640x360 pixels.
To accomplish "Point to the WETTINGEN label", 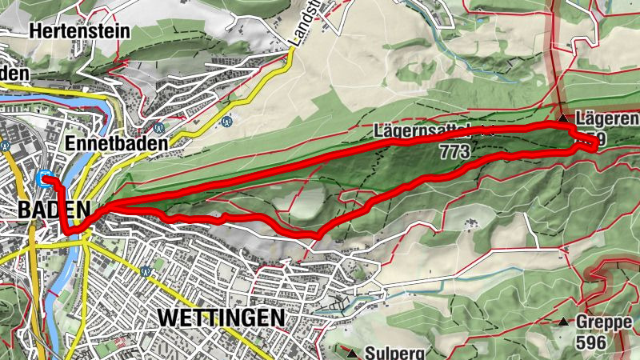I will point(222,317).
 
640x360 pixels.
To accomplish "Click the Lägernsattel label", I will point(423,130).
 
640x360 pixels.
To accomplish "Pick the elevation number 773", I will point(454,149).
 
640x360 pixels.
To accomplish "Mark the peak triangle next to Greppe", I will point(565,323).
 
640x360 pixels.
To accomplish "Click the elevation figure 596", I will point(591,342).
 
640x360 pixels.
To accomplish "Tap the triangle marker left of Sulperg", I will point(351,352).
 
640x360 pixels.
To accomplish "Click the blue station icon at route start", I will point(45,178).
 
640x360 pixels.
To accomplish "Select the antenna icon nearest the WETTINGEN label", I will point(146,271).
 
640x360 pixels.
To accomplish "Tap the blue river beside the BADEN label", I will point(78,248).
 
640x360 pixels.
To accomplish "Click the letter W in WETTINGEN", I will point(168,317).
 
